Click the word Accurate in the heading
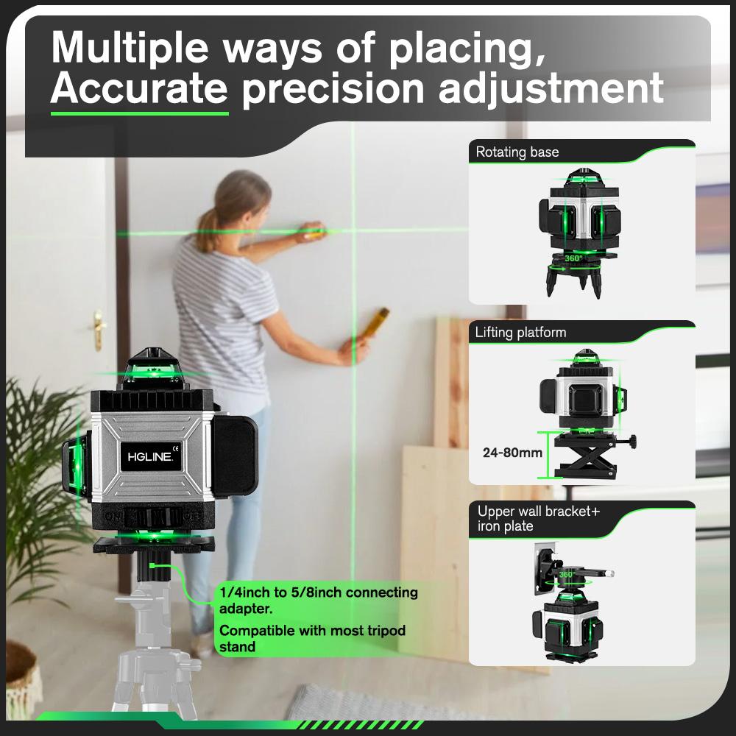point(138,88)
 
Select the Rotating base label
point(517,152)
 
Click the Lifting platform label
point(520,333)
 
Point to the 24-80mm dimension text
point(512,453)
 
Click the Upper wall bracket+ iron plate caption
point(533,518)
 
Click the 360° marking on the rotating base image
point(575,258)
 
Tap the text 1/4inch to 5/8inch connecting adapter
point(318,600)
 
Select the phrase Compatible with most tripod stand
point(312,638)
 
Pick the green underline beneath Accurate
point(139,113)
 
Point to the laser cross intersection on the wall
point(352,231)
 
